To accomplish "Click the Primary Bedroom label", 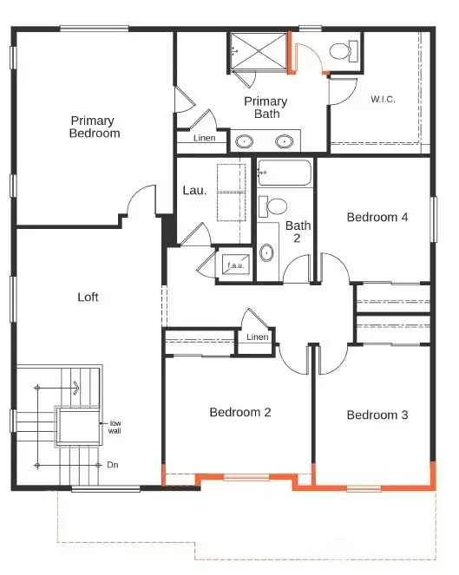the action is (95, 127).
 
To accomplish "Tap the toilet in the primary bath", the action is (344, 51).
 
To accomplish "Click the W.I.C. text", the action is (383, 99).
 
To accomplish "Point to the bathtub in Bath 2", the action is (285, 173).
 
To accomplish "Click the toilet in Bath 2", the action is (272, 206).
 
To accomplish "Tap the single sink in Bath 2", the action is (266, 253).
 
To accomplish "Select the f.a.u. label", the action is (235, 265).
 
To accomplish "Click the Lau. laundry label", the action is (194, 190).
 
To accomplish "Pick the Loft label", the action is (88, 297).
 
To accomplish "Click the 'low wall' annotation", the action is (115, 428).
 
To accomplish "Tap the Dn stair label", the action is (113, 465).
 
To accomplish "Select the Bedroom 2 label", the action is (240, 412).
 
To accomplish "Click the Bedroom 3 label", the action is (377, 415).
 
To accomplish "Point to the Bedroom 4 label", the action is (377, 217).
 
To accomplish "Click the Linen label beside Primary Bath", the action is (205, 138).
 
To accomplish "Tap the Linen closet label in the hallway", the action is (257, 337).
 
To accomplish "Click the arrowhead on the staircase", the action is (76, 388).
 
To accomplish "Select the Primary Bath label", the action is (266, 108).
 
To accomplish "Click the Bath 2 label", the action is (298, 232).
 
